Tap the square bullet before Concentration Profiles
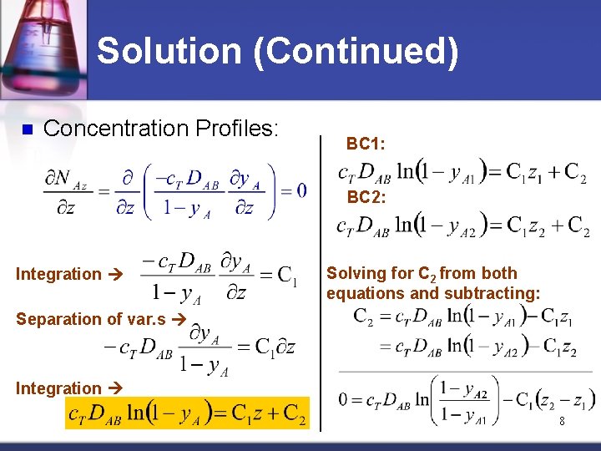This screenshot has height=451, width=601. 26,129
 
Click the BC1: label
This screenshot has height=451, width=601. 366,144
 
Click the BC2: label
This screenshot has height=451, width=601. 366,197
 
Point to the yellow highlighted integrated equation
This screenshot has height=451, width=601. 186,413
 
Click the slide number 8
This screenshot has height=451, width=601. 562,422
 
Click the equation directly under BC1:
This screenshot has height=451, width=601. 462,173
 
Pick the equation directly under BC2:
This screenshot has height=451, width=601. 462,225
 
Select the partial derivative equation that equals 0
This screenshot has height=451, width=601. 175,192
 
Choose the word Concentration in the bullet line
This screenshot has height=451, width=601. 115,128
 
